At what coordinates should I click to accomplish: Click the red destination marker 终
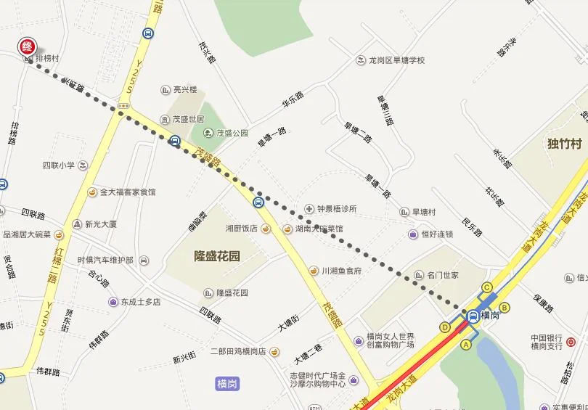click(x=27, y=46)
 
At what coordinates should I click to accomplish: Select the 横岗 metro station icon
click(x=473, y=316)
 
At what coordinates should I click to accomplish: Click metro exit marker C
click(x=487, y=287)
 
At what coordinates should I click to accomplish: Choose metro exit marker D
click(x=444, y=327)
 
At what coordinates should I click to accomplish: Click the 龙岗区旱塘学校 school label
click(x=396, y=60)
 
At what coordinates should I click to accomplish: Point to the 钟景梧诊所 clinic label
click(x=336, y=209)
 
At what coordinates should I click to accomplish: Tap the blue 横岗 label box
click(x=228, y=383)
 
